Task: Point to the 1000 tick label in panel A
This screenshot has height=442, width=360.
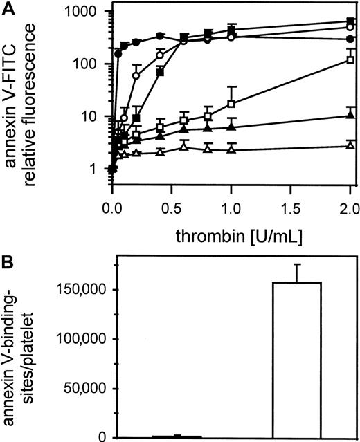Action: pyautogui.click(x=88, y=12)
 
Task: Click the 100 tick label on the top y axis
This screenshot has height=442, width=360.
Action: pyautogui.click(x=91, y=64)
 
